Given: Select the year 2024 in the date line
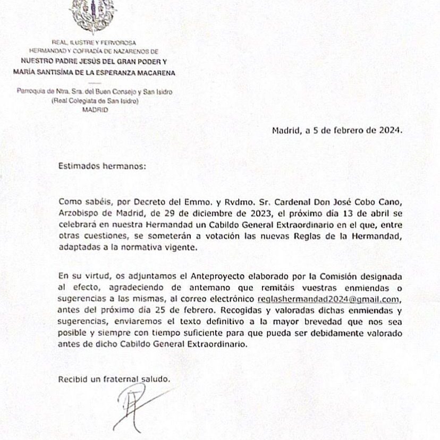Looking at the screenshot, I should click(x=391, y=129).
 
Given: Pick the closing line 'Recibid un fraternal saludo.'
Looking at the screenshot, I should click(x=115, y=379).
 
